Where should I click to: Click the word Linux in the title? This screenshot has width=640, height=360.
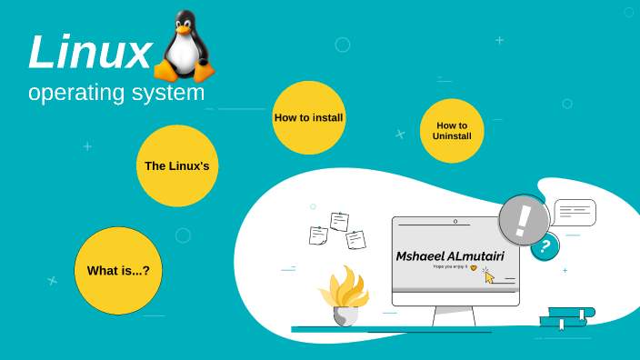(89, 52)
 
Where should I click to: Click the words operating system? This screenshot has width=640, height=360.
(116, 93)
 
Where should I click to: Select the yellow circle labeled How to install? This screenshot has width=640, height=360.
(308, 117)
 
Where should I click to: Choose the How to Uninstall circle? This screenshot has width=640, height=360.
(452, 131)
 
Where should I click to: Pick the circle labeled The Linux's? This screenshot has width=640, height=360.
(177, 165)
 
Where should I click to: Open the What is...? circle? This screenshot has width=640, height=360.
(118, 270)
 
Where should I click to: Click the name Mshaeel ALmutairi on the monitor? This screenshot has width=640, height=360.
(450, 255)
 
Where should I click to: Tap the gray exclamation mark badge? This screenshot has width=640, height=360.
(524, 220)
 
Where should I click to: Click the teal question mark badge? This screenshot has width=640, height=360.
(545, 245)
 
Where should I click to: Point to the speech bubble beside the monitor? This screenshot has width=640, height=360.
(575, 213)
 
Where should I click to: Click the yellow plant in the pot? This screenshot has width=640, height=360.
(345, 286)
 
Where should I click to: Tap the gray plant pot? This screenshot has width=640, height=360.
(345, 315)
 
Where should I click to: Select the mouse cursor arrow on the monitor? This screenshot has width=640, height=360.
(488, 276)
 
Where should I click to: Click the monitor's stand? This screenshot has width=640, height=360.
(454, 316)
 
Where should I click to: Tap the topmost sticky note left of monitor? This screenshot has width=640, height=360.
(339, 221)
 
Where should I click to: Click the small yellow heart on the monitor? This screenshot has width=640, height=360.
(473, 268)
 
